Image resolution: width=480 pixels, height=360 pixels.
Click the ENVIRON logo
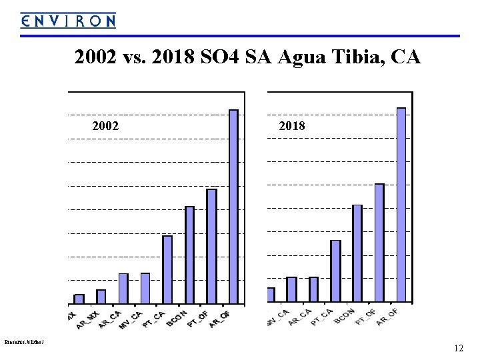coord(67,21)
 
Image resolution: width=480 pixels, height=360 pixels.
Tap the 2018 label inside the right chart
coord(291,125)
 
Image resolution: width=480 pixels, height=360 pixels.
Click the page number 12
coord(458,348)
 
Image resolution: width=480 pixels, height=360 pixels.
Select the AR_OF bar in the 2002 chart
coord(233,207)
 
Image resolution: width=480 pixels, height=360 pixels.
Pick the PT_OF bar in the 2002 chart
coord(211,247)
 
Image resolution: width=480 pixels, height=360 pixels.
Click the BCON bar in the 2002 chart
coord(189,255)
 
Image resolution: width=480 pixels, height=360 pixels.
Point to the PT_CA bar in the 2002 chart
coord(167,270)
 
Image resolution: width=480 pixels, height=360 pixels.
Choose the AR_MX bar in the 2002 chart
coord(101,297)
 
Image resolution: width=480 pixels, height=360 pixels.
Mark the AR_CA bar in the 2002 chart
coord(123,289)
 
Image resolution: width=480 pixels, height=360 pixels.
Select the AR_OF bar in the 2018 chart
coord(401,205)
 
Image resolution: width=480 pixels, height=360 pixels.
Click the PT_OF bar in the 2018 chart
coord(379,243)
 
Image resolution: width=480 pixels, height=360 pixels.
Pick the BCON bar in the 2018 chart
coord(357,253)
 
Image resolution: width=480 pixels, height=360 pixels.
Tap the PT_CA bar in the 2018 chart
coord(335,271)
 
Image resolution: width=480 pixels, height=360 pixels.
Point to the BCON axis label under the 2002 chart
coord(178,317)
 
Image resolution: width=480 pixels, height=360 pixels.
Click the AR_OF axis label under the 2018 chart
coord(387,317)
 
